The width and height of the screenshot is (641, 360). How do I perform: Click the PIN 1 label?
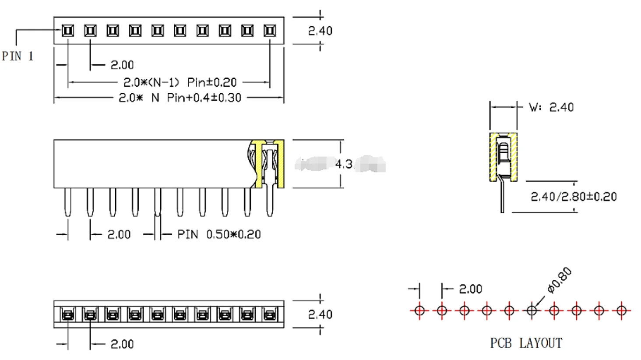tap(18, 56)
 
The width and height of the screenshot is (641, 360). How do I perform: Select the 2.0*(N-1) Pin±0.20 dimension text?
tap(180, 82)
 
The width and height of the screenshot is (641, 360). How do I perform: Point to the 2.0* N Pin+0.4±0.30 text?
tap(180, 98)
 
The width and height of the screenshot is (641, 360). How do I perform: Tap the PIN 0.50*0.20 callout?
tap(219, 235)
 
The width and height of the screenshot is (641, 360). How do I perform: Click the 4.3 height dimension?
tap(344, 164)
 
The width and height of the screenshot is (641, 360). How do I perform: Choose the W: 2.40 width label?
tap(551, 107)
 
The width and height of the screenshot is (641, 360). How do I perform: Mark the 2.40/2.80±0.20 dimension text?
tap(574, 197)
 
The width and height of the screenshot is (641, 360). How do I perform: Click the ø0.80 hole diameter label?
tap(559, 280)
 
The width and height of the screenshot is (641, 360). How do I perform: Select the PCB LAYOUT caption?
tap(526, 343)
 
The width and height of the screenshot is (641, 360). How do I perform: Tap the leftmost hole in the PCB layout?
tap(419, 311)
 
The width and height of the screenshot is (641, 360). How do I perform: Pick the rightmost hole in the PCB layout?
tap(621, 311)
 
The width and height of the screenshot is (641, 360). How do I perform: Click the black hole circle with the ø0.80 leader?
tap(532, 311)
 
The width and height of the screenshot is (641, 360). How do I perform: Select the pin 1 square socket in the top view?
tap(68, 31)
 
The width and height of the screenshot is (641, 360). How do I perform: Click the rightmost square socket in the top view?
tap(270, 31)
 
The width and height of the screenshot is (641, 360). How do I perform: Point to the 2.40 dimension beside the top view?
tap(320, 31)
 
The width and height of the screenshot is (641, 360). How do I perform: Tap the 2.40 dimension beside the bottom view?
tap(320, 314)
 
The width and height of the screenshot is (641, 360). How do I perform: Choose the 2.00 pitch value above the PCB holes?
tap(470, 289)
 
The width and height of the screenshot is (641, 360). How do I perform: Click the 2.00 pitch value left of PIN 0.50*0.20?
tap(119, 235)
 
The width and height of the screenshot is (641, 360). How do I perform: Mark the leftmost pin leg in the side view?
tap(67, 202)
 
